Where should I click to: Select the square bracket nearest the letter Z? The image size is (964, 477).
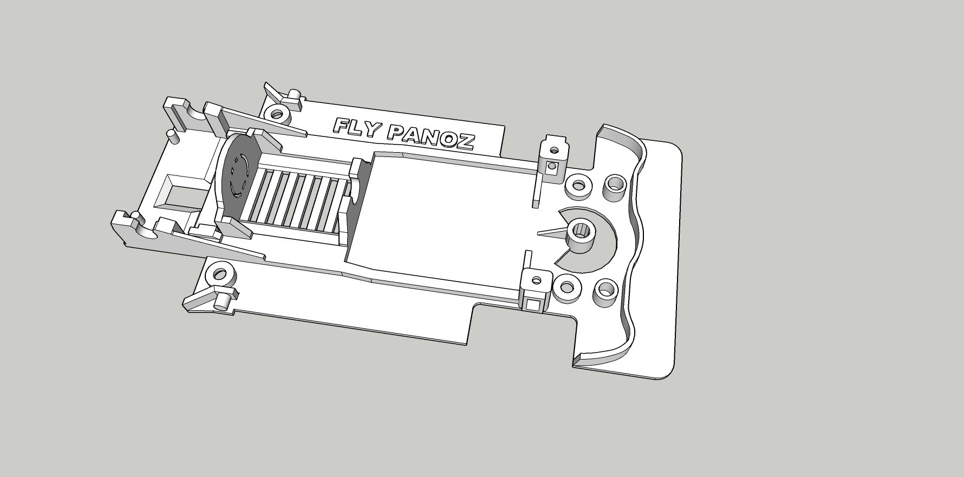pyautogui.click(x=553, y=156)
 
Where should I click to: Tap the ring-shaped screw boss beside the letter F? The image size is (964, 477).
pyautogui.click(x=278, y=115)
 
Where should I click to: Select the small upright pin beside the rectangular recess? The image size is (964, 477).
pyautogui.click(x=172, y=136)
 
